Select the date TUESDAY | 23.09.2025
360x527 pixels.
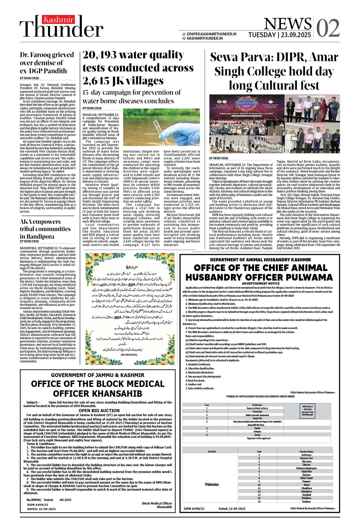pyautogui.click(x=279, y=35)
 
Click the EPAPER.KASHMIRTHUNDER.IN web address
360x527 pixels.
pyautogui.click(x=211, y=34)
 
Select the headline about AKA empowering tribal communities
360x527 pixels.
pyautogui.click(x=45, y=229)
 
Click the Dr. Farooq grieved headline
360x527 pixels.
pyautogui.click(x=47, y=62)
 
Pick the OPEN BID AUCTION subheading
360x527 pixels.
pyautogui.click(x=99, y=411)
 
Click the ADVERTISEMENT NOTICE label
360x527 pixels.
pyautogui.click(x=261, y=283)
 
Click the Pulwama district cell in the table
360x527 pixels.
pyautogui.click(x=212, y=484)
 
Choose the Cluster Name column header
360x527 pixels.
pyautogui.click(x=306, y=452)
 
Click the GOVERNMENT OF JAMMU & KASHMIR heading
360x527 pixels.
pyautogui.click(x=98, y=375)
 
